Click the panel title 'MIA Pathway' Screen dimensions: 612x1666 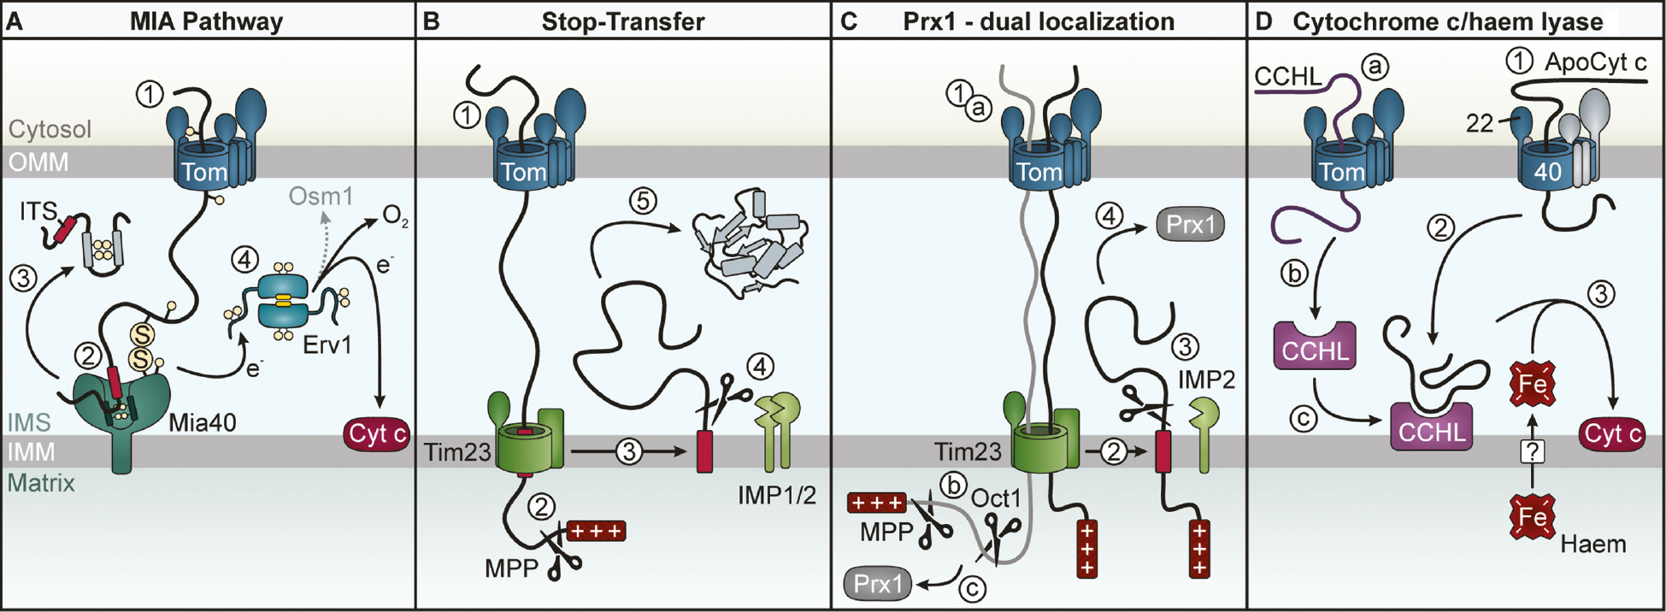(206, 21)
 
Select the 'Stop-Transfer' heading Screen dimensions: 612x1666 (623, 21)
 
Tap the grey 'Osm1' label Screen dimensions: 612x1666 (321, 197)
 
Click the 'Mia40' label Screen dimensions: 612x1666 (203, 421)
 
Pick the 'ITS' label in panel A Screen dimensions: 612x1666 (38, 211)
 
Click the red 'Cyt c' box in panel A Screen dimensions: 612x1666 (377, 433)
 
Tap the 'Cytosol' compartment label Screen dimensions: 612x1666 (50, 129)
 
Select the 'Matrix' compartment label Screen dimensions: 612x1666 (41, 483)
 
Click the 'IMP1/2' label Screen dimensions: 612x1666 (777, 494)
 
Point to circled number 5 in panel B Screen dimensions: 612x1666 (643, 201)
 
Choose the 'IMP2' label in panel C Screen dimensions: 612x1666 (1206, 380)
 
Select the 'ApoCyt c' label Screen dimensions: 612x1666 (1595, 62)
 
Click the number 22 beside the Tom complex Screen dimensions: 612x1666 (1479, 124)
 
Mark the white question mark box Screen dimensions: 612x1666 (1532, 450)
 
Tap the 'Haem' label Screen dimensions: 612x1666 (1593, 544)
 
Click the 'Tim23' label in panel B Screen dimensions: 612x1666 (457, 451)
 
